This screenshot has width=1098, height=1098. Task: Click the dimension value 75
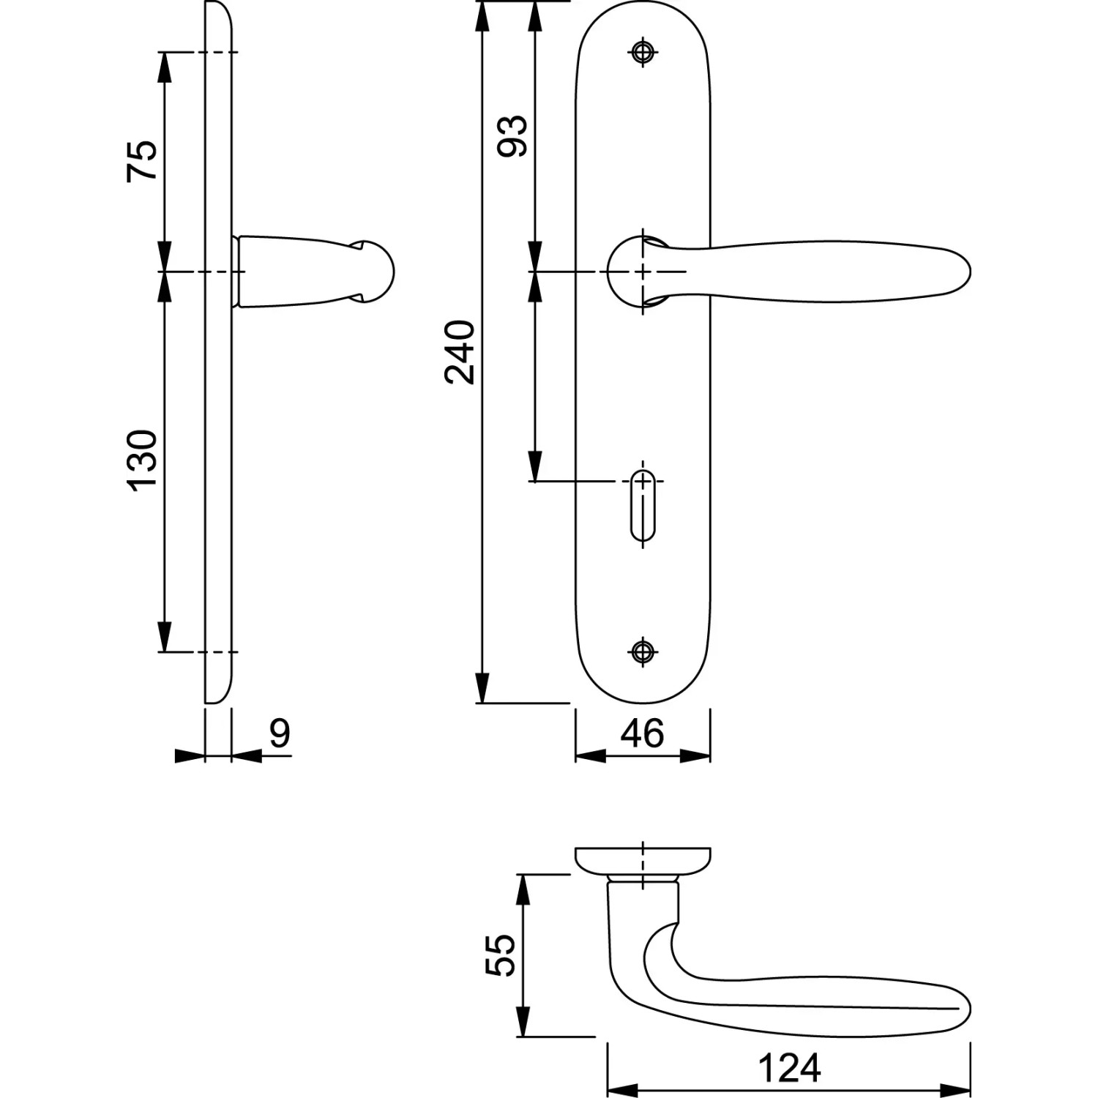(x=142, y=160)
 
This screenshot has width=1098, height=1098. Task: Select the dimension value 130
(x=142, y=460)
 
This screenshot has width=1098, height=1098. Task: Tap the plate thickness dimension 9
(x=280, y=733)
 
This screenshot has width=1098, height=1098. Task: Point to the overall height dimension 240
(x=460, y=351)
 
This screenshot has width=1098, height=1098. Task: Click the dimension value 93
(x=512, y=135)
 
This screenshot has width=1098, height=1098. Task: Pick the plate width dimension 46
(x=642, y=733)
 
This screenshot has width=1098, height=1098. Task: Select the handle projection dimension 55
(x=501, y=955)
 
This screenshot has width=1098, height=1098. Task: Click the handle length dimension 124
(x=789, y=1068)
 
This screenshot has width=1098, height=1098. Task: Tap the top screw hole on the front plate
(x=643, y=51)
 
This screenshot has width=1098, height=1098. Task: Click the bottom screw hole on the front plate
(x=643, y=651)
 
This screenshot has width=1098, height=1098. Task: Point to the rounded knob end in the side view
(x=377, y=272)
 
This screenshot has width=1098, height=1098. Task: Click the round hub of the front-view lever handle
(x=634, y=272)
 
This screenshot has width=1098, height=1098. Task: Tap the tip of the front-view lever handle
(x=970, y=272)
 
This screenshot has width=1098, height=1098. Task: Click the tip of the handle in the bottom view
(x=970, y=1011)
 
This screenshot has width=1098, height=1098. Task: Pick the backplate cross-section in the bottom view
(x=643, y=862)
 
